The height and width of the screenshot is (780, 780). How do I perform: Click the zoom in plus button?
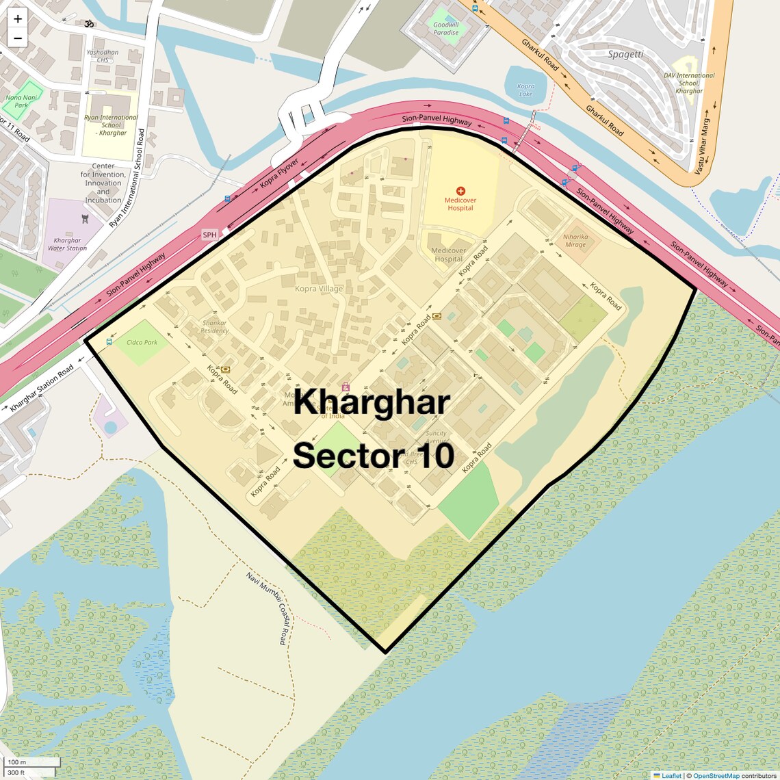coord(18,19)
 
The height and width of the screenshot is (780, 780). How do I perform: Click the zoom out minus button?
coord(18,38)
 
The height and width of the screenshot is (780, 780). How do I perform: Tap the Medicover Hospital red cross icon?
coord(460,191)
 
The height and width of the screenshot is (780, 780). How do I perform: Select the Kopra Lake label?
coord(525,90)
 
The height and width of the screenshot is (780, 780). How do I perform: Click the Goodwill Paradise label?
coord(446,29)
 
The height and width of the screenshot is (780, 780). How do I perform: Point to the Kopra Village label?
coord(319,289)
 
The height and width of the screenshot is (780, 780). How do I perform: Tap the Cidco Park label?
coord(142,342)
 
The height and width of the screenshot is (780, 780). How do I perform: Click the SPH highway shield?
coord(209,235)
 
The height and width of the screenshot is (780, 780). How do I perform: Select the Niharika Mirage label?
coord(575,241)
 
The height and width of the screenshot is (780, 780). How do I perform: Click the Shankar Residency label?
coord(214,326)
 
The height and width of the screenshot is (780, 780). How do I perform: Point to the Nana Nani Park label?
coord(22,101)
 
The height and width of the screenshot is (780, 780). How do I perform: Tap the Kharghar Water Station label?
coord(67,244)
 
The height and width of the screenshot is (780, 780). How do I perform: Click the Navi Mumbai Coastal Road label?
coord(266,608)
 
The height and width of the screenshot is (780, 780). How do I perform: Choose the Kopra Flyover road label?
coord(279,174)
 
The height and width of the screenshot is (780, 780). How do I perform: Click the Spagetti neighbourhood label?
coord(625,54)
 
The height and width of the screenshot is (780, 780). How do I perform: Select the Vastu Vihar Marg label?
coord(703,146)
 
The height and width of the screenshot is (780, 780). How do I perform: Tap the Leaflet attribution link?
coord(671,775)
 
